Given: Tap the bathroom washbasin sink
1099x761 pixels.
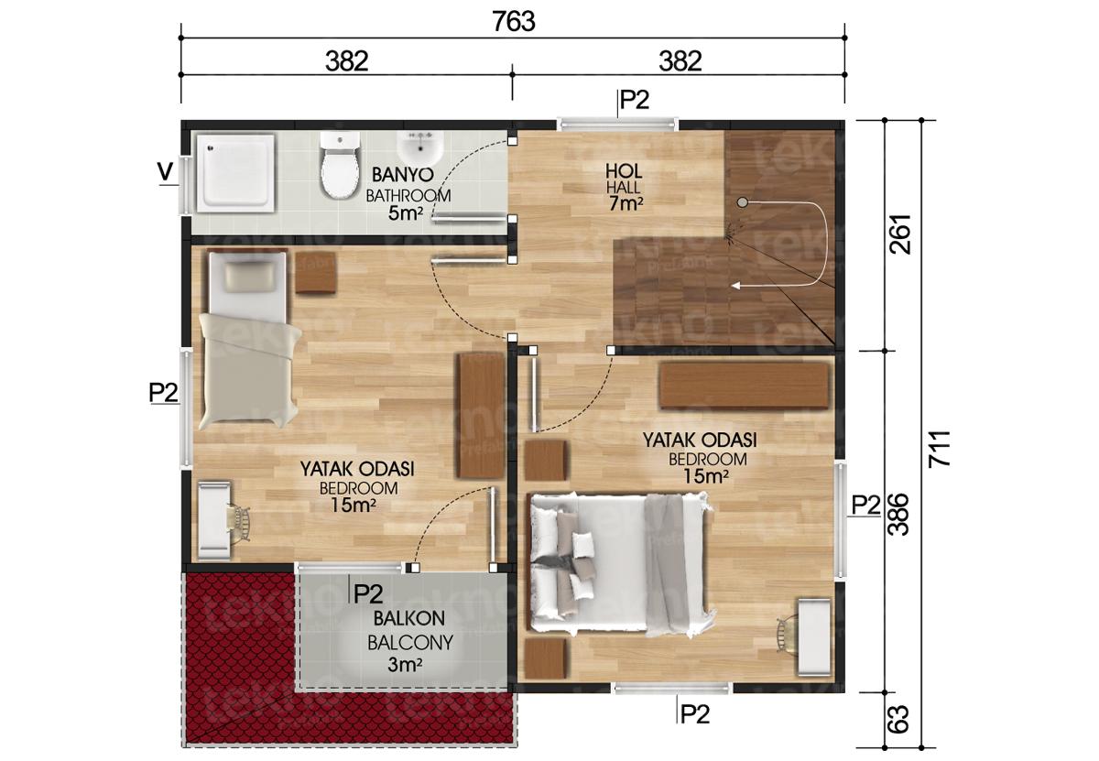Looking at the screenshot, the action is pyautogui.click(x=420, y=147).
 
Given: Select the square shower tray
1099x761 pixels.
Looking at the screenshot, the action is pyautogui.click(x=236, y=173).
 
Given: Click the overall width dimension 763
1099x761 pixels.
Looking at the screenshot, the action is pyautogui.click(x=513, y=22).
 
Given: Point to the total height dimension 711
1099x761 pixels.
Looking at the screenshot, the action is pyautogui.click(x=939, y=448).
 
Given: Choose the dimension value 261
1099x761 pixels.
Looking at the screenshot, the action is pyautogui.click(x=899, y=234).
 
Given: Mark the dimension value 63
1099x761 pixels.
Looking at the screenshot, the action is pyautogui.click(x=899, y=720).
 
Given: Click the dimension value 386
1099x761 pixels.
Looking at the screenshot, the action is pyautogui.click(x=899, y=515).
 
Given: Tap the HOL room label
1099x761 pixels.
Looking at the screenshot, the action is pyautogui.click(x=623, y=171).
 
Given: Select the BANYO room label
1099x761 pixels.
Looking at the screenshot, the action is pyautogui.click(x=402, y=174).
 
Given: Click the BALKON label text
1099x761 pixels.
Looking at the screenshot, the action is pyautogui.click(x=408, y=618).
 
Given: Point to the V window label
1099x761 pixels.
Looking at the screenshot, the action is pyautogui.click(x=166, y=172).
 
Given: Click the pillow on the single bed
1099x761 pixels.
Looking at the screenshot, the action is pyautogui.click(x=248, y=276).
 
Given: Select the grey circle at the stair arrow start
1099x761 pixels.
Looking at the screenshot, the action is pyautogui.click(x=743, y=202).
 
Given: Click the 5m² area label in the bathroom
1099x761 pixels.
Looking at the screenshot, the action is pyautogui.click(x=405, y=214).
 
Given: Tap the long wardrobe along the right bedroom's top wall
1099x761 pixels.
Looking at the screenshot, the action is pyautogui.click(x=744, y=386).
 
